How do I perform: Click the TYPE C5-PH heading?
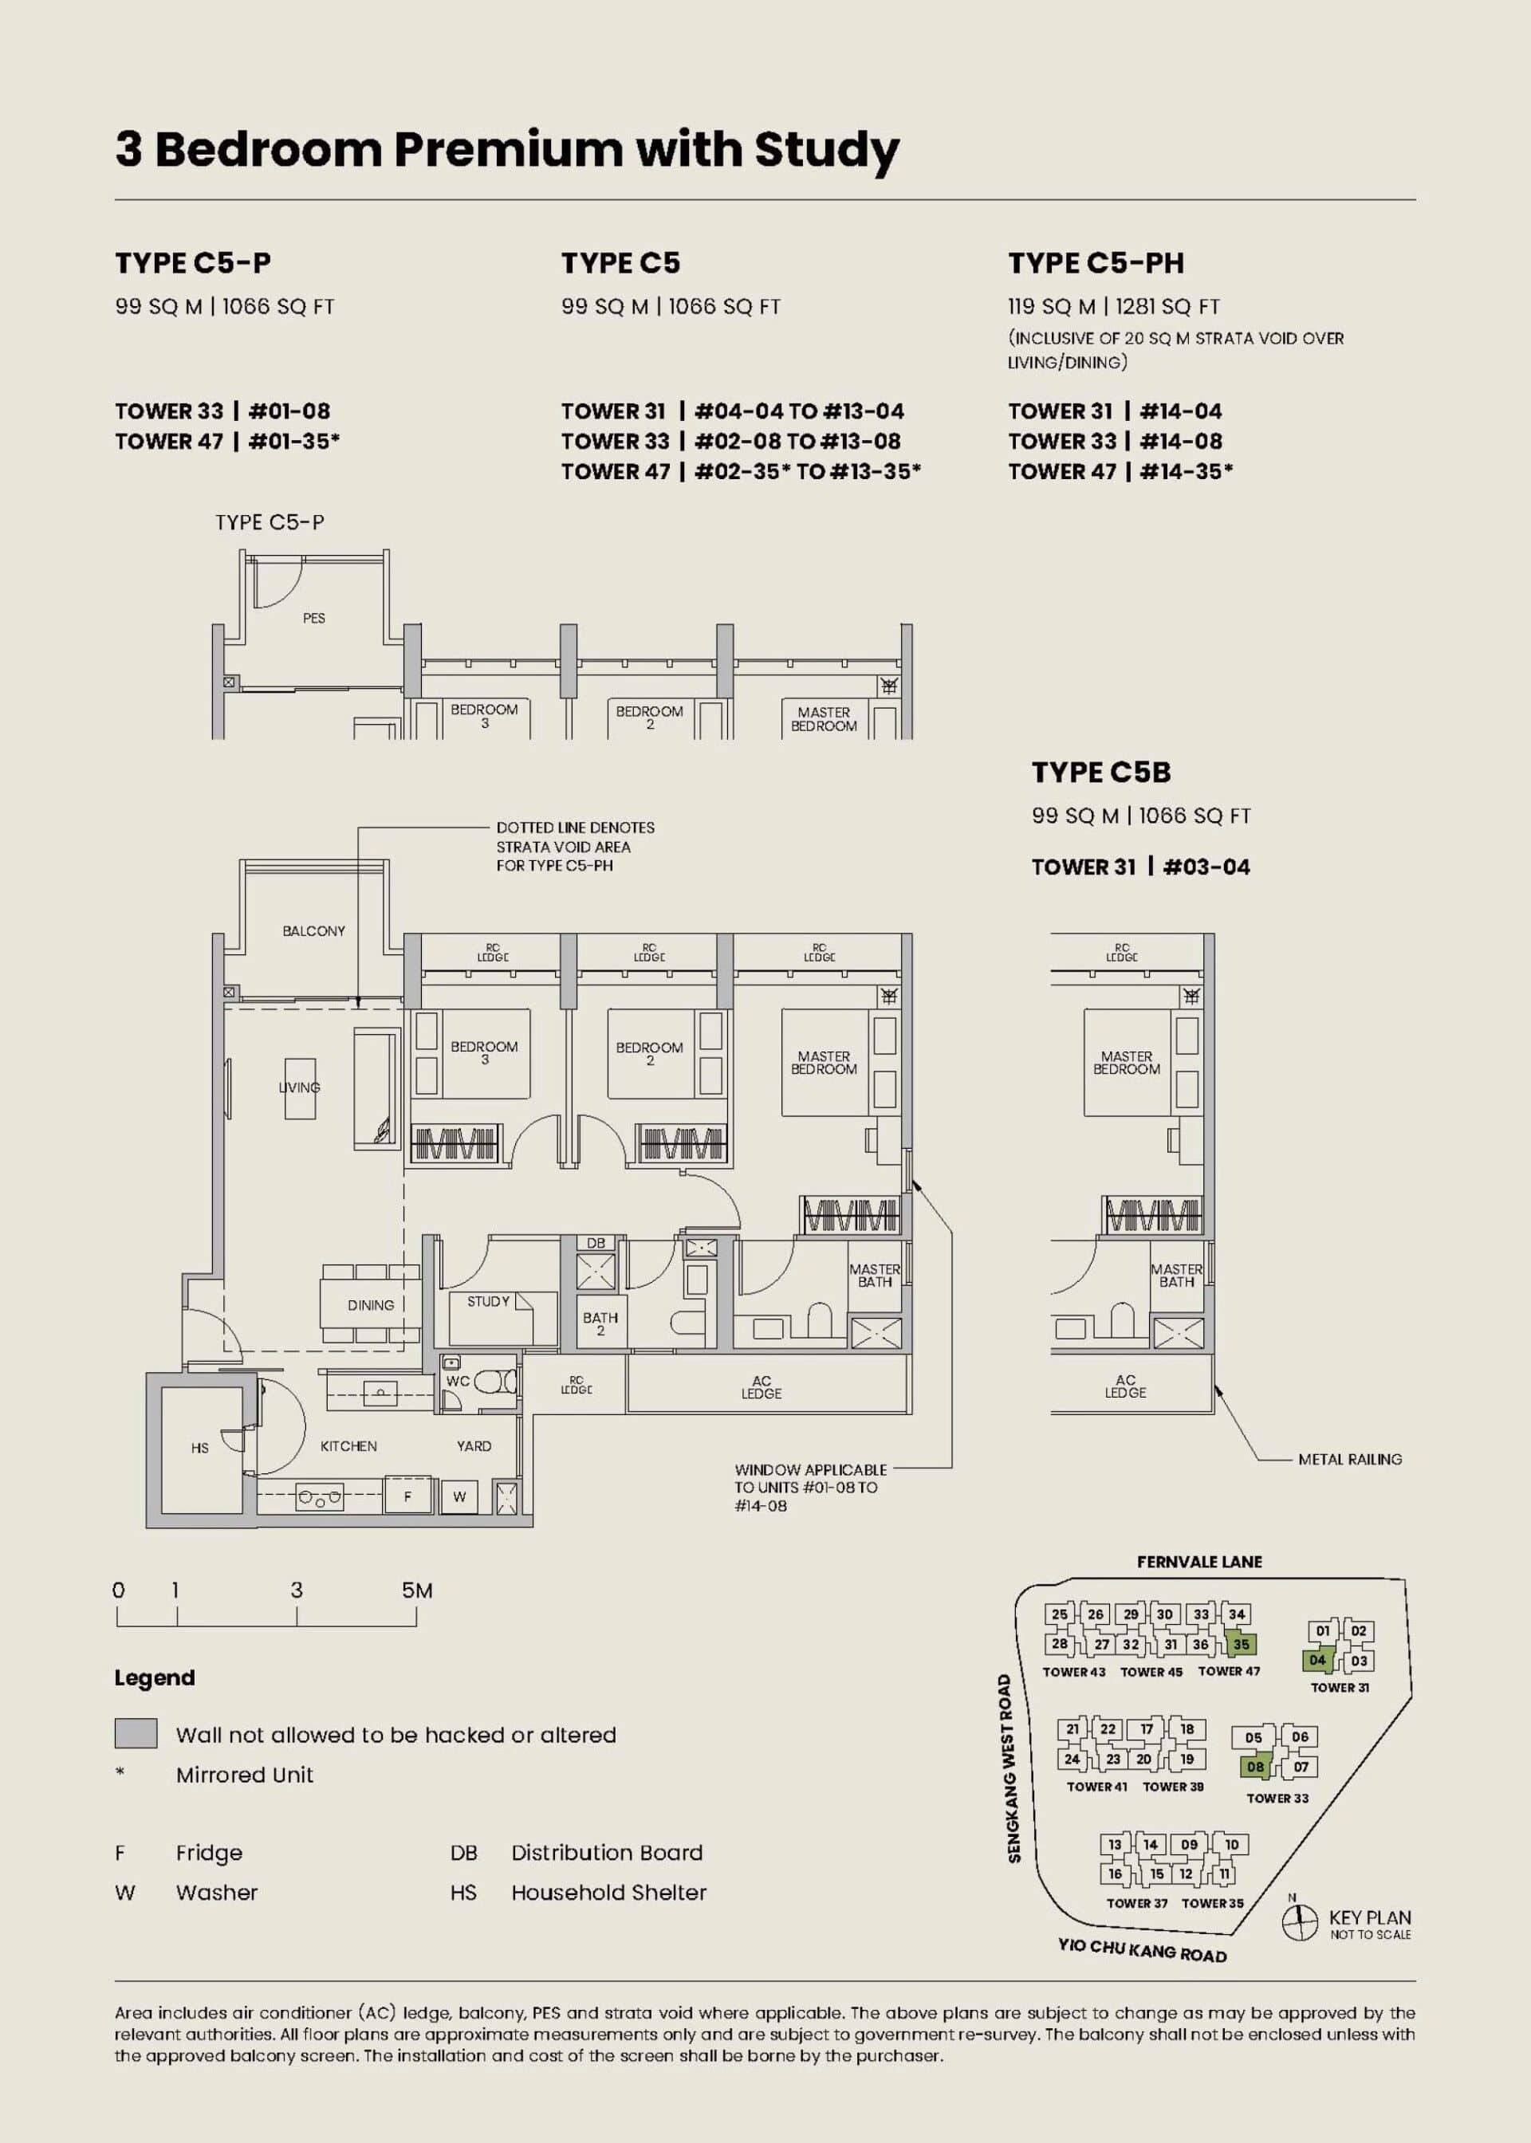pyautogui.click(x=1096, y=263)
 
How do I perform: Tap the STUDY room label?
pyautogui.click(x=488, y=1301)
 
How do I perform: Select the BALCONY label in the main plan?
pyautogui.click(x=314, y=931)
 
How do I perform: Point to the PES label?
pyautogui.click(x=314, y=618)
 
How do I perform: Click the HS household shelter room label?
pyautogui.click(x=200, y=1449)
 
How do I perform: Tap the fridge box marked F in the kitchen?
pyautogui.click(x=408, y=1496)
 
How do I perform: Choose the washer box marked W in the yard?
pyautogui.click(x=459, y=1496)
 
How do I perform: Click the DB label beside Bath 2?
pyautogui.click(x=596, y=1243)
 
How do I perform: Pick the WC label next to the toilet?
pyautogui.click(x=459, y=1382)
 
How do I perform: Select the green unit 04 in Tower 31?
pyautogui.click(x=1317, y=1661)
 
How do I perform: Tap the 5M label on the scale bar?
pyautogui.click(x=417, y=1591)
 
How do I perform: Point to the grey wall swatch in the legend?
pyautogui.click(x=136, y=1733)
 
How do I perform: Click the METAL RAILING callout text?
pyautogui.click(x=1350, y=1460)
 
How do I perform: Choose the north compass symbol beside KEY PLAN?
pyautogui.click(x=1299, y=1921)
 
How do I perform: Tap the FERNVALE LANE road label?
pyautogui.click(x=1199, y=1562)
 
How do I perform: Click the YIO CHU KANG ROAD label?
pyautogui.click(x=1143, y=1950)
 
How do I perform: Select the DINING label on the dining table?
pyautogui.click(x=371, y=1305)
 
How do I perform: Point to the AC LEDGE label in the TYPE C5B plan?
pyautogui.click(x=1126, y=1386)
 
